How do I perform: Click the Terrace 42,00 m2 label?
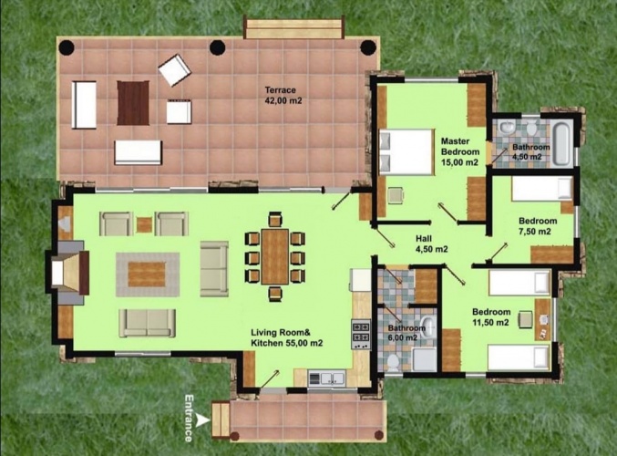pyautogui.click(x=283, y=95)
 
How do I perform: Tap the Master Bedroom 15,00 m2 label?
pyautogui.click(x=460, y=151)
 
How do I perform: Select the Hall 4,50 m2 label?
pyautogui.click(x=431, y=244)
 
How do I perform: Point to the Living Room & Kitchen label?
pyautogui.click(x=286, y=337)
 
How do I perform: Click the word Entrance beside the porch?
pyautogui.click(x=189, y=418)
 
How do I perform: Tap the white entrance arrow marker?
pyautogui.click(x=203, y=420)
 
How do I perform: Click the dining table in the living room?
pyautogui.click(x=275, y=256)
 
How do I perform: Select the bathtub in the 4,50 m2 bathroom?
pyautogui.click(x=561, y=144)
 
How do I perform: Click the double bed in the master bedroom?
pyautogui.click(x=406, y=151)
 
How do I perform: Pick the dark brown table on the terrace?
pyautogui.click(x=133, y=103)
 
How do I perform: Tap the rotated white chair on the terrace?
pyautogui.click(x=175, y=70)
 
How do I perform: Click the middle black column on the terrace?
pyautogui.click(x=217, y=47)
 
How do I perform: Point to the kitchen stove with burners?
pyautogui.click(x=361, y=335)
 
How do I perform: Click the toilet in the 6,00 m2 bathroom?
pyautogui.click(x=393, y=362)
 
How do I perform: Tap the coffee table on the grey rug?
pyautogui.click(x=147, y=275)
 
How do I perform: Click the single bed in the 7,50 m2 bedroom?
pyautogui.click(x=542, y=188)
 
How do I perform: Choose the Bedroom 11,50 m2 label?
pyautogui.click(x=491, y=317)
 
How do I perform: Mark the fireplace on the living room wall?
pyautogui.click(x=68, y=273)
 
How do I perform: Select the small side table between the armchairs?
pyautogui.click(x=144, y=225)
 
